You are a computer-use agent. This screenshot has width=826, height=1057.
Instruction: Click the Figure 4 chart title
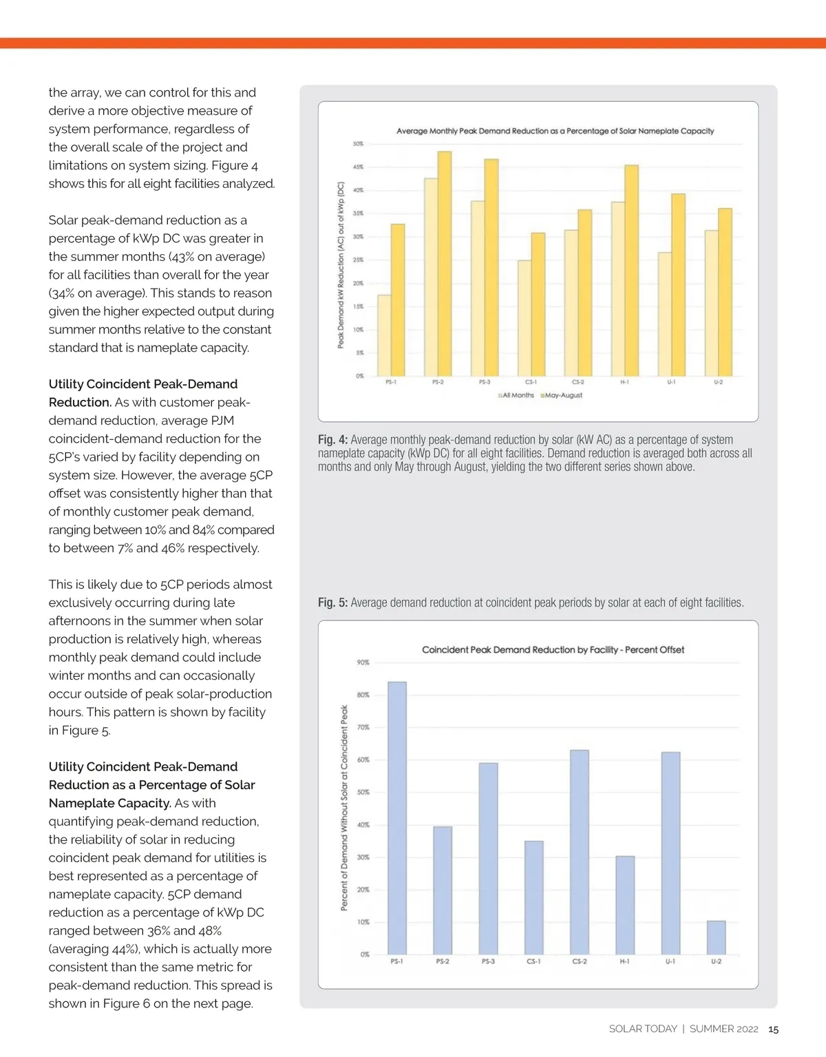pos(555,131)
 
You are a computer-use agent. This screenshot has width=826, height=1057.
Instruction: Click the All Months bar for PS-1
pos(384,335)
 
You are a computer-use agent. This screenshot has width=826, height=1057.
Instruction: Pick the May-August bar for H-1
pos(631,271)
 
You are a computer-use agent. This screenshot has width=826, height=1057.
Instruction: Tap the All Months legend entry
pos(516,395)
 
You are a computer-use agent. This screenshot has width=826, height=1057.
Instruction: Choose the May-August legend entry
pos(562,395)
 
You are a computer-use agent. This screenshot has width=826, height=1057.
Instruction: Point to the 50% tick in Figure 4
pos(358,144)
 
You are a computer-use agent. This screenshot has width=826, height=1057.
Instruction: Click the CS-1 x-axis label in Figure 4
pos(531,382)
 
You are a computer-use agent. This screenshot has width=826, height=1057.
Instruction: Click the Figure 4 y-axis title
pos(341,265)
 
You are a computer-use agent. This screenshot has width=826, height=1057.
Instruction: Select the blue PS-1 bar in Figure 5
pos(397,818)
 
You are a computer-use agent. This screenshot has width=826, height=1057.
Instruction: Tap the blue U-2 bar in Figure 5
pos(716,937)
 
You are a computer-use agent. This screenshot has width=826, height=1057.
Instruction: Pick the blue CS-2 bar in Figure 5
pos(580,852)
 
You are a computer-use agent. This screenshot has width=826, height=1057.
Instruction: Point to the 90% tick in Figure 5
pos(363,662)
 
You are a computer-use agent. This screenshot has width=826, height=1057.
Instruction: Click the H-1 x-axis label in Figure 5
pos(624,961)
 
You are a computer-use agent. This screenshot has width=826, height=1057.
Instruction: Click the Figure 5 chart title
pos(553,649)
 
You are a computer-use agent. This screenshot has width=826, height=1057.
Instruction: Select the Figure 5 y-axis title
pos(344,807)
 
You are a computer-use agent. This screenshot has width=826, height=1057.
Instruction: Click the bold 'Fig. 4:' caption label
pos(332,440)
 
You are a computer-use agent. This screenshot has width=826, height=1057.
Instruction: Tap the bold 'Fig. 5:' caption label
pos(332,603)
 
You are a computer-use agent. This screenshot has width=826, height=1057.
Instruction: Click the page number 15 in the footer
pos(773,1029)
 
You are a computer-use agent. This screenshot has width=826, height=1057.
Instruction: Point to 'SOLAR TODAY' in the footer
pos(643,1029)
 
